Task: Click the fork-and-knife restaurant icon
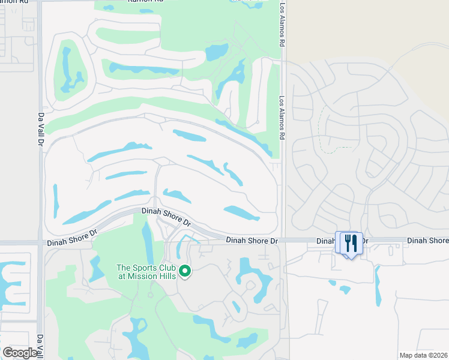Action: click(x=351, y=243)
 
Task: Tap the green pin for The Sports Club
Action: click(x=185, y=272)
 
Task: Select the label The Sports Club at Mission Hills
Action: click(x=146, y=272)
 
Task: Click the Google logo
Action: click(x=20, y=353)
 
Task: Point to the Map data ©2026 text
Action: click(x=423, y=355)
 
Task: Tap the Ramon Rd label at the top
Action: click(x=145, y=2)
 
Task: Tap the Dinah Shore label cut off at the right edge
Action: click(x=427, y=241)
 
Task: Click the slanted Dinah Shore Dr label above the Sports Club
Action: click(x=166, y=217)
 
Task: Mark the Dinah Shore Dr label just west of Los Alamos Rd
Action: click(x=252, y=241)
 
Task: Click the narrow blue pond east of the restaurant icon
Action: click(x=378, y=286)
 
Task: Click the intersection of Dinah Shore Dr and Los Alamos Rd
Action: click(x=283, y=241)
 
